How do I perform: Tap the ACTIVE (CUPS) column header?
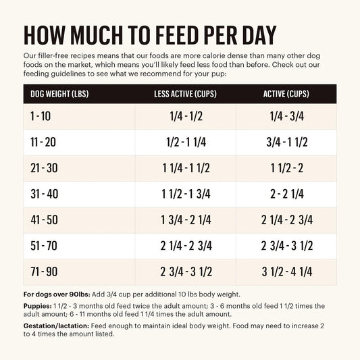tap(283, 93)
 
